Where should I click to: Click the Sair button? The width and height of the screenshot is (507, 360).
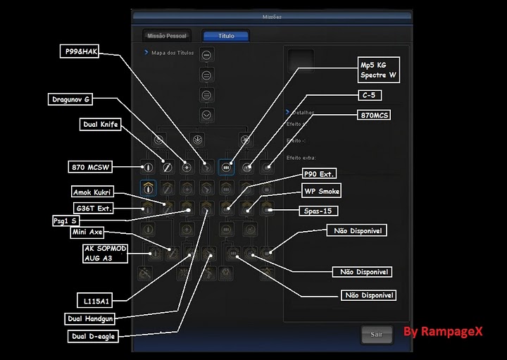click(377, 335)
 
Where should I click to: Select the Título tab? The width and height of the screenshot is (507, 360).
click(226, 35)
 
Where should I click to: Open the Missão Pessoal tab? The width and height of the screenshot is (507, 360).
click(166, 35)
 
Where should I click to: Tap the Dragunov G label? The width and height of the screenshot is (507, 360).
click(71, 99)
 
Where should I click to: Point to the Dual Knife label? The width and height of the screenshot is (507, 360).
click(101, 125)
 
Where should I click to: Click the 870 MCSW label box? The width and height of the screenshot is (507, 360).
click(91, 167)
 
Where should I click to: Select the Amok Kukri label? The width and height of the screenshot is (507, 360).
click(92, 192)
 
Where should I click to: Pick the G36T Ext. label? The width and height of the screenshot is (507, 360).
click(94, 208)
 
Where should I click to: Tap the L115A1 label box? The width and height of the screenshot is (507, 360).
click(96, 301)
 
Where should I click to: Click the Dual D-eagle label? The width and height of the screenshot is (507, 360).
click(92, 336)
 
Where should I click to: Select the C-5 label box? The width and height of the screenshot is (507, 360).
click(368, 95)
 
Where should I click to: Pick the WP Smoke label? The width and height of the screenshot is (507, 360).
click(321, 191)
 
